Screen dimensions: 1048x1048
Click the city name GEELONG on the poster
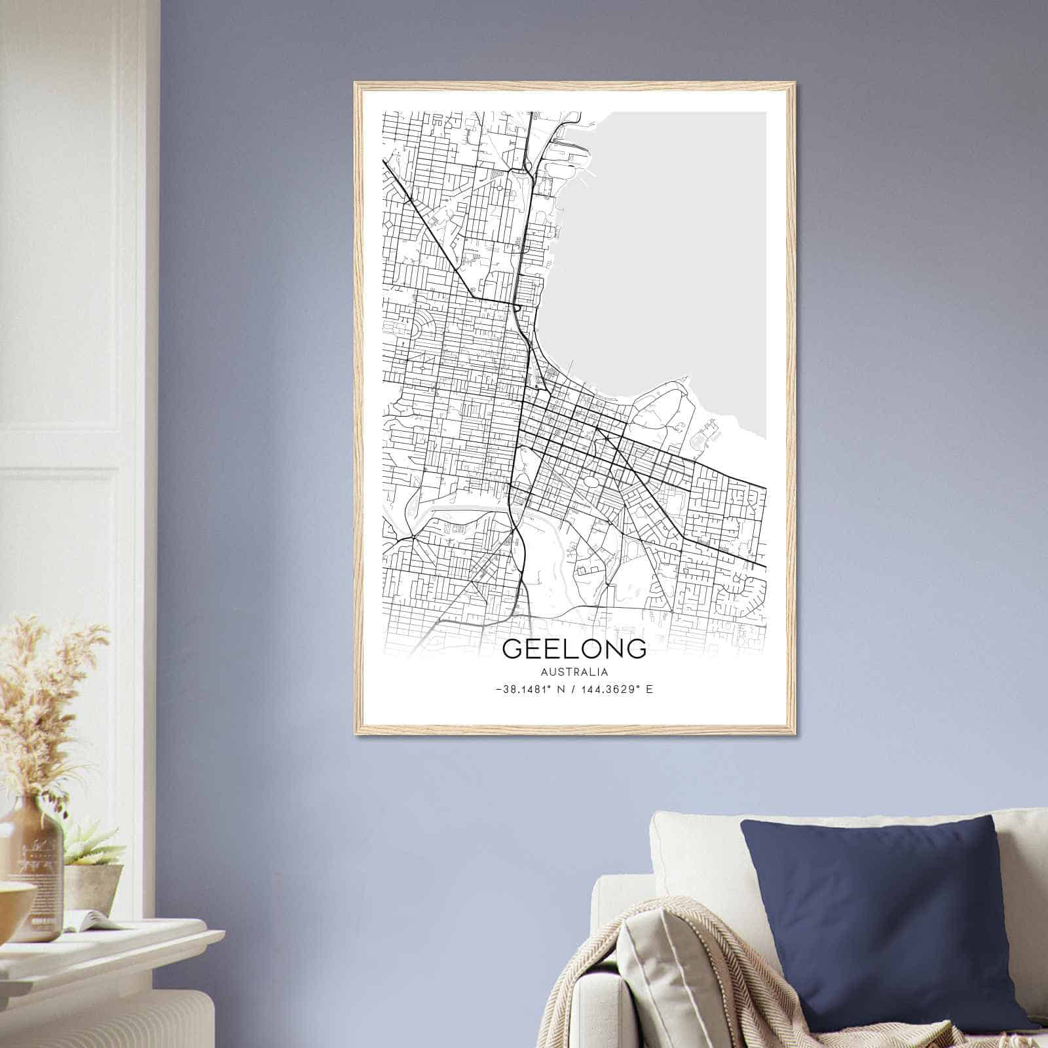tap(574, 648)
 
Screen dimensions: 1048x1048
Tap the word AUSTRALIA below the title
tap(574, 672)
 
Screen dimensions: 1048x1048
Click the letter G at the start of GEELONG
tap(513, 648)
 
